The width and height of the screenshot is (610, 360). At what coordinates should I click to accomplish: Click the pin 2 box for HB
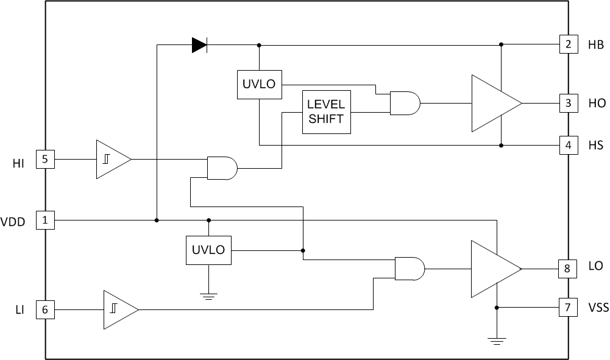click(568, 44)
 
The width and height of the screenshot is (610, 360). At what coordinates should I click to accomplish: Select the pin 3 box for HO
click(568, 103)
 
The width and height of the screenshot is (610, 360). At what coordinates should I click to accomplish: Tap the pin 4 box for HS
click(568, 146)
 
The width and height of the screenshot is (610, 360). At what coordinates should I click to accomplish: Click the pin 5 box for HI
click(46, 160)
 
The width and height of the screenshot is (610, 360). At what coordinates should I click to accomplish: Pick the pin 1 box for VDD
click(46, 220)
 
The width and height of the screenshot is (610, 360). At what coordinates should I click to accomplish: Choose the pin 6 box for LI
click(46, 309)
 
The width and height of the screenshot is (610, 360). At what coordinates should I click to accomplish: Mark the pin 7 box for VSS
click(568, 308)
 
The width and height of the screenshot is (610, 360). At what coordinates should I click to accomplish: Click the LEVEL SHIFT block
click(326, 112)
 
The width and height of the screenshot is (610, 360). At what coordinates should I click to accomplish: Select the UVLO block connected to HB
click(259, 85)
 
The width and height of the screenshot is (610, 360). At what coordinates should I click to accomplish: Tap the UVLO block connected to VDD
click(208, 250)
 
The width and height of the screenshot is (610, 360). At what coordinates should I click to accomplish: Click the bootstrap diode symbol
click(199, 45)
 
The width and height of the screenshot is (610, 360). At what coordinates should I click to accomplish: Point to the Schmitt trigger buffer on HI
click(112, 160)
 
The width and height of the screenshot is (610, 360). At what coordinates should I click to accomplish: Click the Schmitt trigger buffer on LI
click(119, 309)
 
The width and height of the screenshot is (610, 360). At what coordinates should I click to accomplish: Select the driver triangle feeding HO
click(493, 103)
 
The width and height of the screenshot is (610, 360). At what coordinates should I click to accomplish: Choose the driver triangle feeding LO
click(493, 269)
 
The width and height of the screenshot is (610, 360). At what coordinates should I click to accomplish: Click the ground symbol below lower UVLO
click(208, 297)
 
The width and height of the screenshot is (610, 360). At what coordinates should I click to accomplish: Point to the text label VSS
click(598, 308)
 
